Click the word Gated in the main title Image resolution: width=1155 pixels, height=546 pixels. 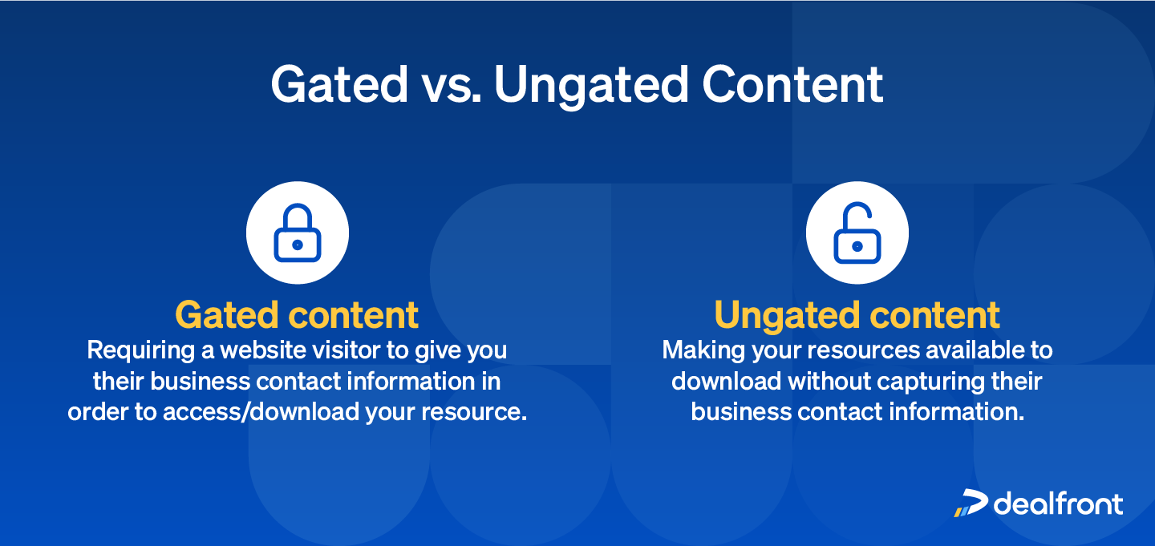pyautogui.click(x=339, y=84)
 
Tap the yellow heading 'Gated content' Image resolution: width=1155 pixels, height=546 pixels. pyautogui.click(x=297, y=315)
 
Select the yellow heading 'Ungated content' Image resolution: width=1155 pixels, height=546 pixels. pyautogui.click(x=857, y=315)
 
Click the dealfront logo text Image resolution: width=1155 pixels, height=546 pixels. pyautogui.click(x=1058, y=504)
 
